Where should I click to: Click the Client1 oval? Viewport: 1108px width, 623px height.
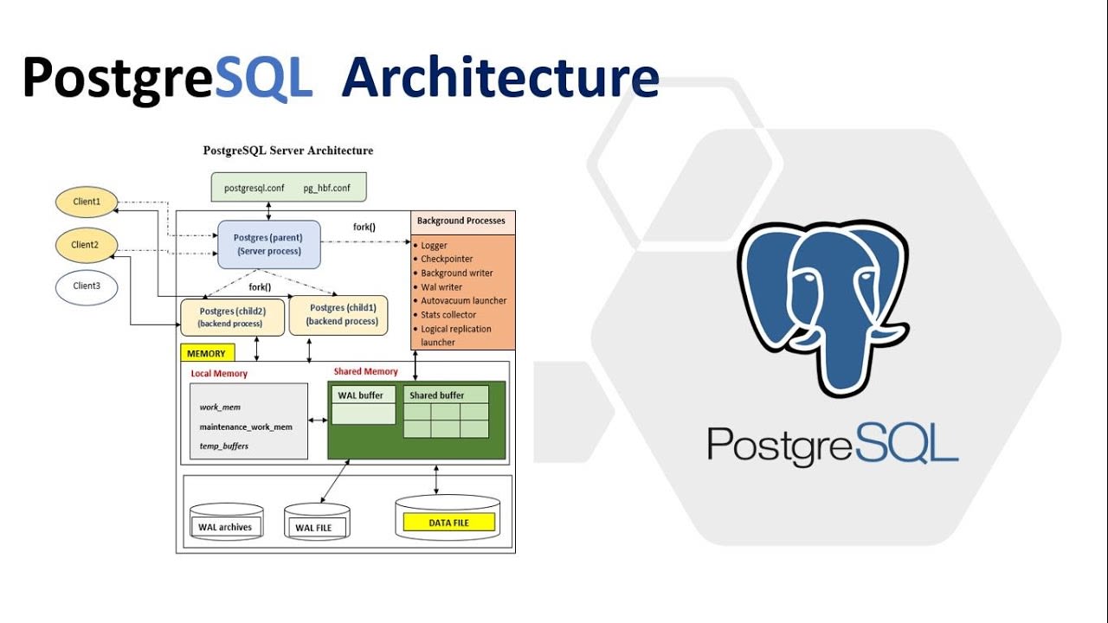click(86, 202)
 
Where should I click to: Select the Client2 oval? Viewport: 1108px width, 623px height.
click(86, 245)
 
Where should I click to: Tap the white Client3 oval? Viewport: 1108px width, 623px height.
click(86, 286)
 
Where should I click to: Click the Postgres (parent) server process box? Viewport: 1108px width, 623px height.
click(269, 244)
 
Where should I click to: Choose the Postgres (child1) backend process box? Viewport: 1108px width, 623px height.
click(338, 315)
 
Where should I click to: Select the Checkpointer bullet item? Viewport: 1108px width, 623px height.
click(447, 260)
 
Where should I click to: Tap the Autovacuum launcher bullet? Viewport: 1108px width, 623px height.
click(463, 301)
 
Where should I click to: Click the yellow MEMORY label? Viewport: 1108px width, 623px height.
click(206, 353)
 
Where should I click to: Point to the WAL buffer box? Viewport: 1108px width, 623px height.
click(364, 405)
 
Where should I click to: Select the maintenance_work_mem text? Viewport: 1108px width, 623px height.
click(246, 427)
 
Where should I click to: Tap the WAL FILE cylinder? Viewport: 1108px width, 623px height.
click(318, 524)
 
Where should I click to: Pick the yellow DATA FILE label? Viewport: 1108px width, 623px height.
click(448, 523)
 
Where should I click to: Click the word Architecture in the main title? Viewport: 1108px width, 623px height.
click(500, 78)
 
